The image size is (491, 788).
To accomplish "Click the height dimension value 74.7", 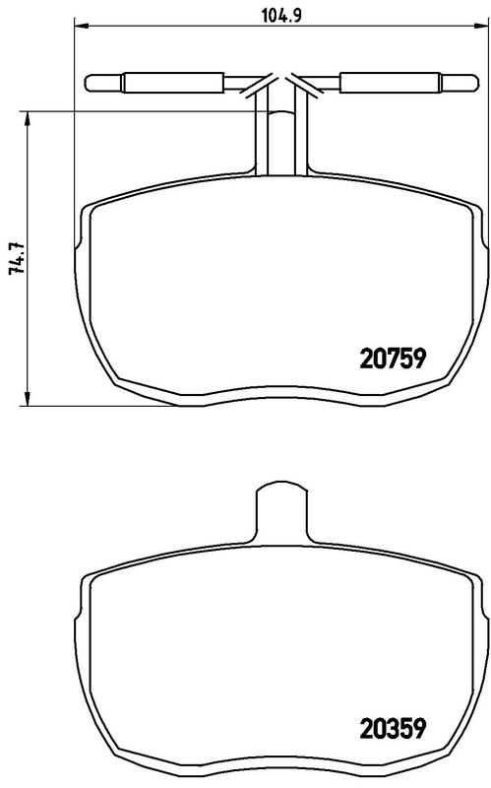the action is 17,257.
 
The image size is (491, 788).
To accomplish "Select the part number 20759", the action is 394,359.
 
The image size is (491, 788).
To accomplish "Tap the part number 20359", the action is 394,728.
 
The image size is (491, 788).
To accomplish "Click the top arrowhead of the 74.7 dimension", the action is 28,118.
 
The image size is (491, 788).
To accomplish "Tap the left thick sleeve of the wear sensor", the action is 173,83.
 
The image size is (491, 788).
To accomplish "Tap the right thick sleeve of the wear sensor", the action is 391,83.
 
